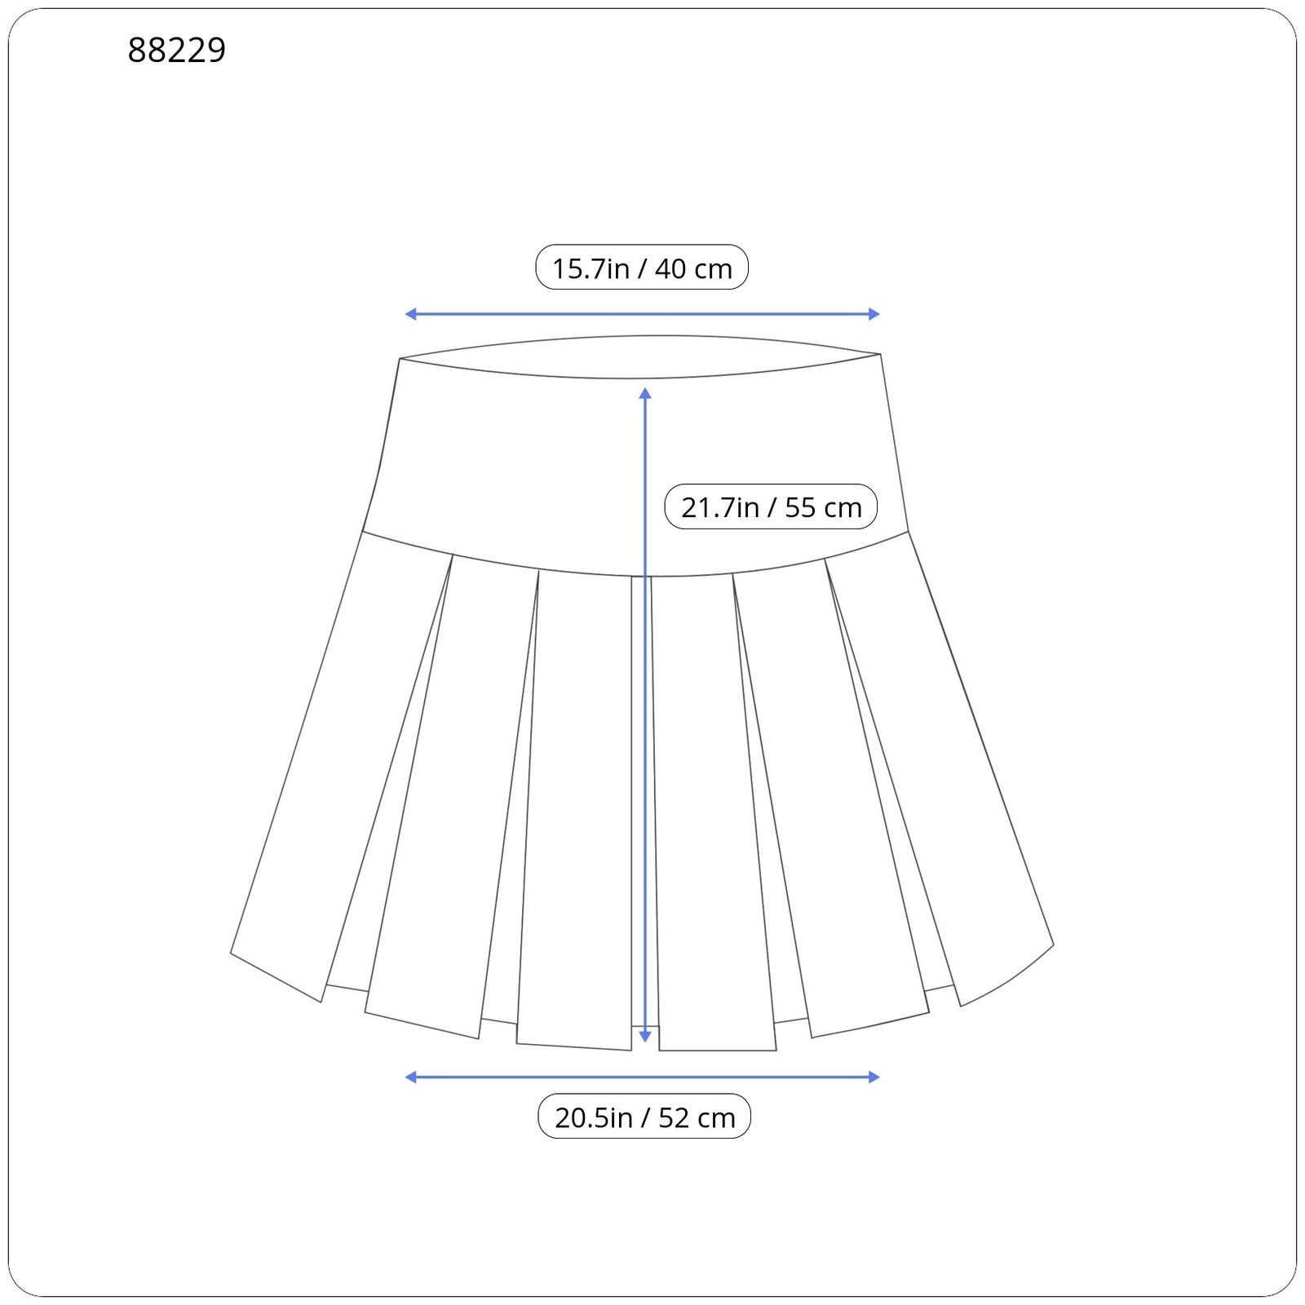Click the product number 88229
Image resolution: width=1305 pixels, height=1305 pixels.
pos(176,51)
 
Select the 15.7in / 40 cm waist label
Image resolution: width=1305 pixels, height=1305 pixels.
pos(641,268)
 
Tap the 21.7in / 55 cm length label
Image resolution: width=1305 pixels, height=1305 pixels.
pos(771,507)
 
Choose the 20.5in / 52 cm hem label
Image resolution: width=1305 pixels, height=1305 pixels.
pos(644,1117)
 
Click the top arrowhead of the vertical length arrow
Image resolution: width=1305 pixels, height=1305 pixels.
pos(645,393)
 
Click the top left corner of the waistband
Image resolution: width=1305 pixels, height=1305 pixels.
pos(400,359)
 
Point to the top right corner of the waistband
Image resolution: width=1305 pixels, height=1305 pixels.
pos(880,355)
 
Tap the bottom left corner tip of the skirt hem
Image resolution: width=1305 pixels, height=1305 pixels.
pos(232,952)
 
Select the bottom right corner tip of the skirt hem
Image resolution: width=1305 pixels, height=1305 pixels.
pos(1053,945)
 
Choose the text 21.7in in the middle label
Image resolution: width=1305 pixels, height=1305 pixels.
pos(719,507)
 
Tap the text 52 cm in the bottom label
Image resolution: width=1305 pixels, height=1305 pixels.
pos(697,1117)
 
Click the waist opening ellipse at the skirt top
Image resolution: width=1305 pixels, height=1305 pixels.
pos(641,356)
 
